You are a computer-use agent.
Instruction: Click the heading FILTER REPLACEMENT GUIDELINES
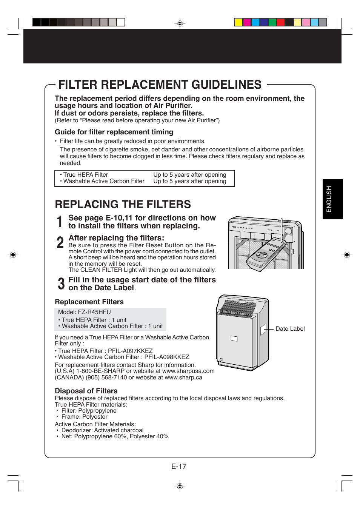tap(160, 85)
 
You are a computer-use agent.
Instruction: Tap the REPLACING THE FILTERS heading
tap(123, 204)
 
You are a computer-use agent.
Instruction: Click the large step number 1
tap(59, 222)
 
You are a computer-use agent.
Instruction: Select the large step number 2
tap(60, 243)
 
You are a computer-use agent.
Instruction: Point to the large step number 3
tap(61, 284)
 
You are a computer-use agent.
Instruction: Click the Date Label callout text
tap(290, 329)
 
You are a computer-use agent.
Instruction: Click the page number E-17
tap(179, 467)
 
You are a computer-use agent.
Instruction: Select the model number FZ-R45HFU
tap(94, 312)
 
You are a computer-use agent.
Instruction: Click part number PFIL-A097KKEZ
tap(130, 351)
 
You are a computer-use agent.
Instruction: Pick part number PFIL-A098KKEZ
tap(166, 357)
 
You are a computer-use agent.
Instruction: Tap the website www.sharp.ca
tap(183, 377)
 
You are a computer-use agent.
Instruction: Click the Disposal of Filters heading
tap(86, 391)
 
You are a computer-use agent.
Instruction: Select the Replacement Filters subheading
tap(89, 302)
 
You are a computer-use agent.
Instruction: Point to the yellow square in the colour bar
tap(238, 22)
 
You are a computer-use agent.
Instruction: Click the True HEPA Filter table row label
tap(85, 175)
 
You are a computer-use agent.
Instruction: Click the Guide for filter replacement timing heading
tap(114, 132)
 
